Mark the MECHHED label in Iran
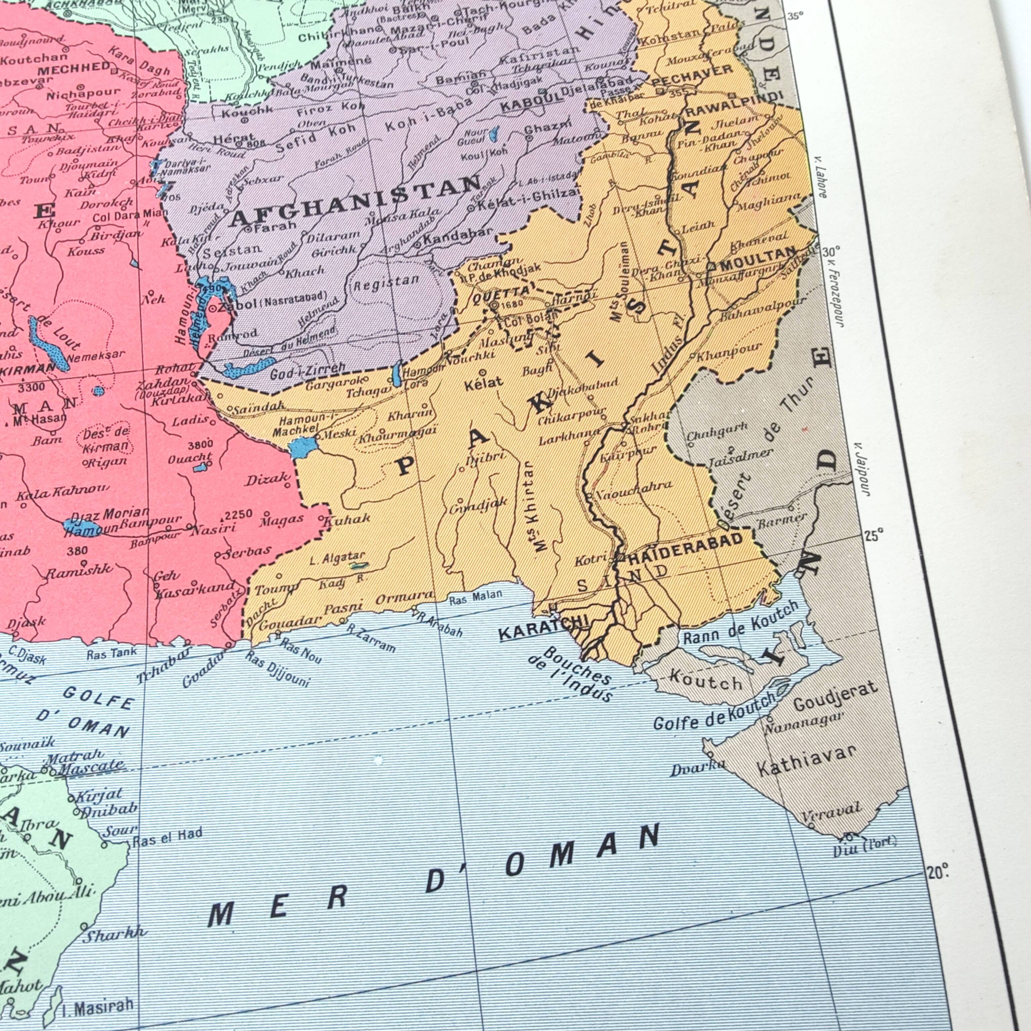pos(73,69)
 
